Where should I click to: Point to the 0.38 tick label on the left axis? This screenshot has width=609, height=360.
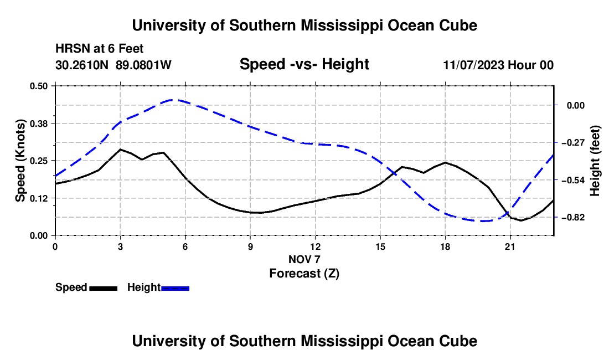click(38, 124)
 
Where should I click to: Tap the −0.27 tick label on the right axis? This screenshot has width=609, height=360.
click(573, 143)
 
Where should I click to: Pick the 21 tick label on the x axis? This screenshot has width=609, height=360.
click(509, 246)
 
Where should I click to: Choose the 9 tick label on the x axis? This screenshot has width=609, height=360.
click(250, 246)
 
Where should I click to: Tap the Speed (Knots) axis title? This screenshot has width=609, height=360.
click(20, 161)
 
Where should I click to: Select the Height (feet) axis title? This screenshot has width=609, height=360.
click(595, 161)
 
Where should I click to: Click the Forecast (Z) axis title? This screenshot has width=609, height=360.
click(304, 274)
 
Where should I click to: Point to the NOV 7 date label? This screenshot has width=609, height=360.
click(304, 259)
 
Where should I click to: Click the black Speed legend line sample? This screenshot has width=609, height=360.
click(104, 289)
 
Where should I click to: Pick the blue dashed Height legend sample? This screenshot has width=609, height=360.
click(175, 289)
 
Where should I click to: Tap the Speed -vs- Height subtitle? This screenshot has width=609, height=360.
click(304, 64)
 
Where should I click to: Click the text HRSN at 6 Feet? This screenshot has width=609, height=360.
click(100, 49)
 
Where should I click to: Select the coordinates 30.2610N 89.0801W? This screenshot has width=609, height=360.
click(113, 65)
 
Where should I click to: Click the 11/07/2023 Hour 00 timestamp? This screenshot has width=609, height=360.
click(498, 65)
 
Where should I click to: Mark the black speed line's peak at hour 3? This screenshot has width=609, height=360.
click(120, 149)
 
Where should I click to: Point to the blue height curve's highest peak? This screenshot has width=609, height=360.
click(173, 100)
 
